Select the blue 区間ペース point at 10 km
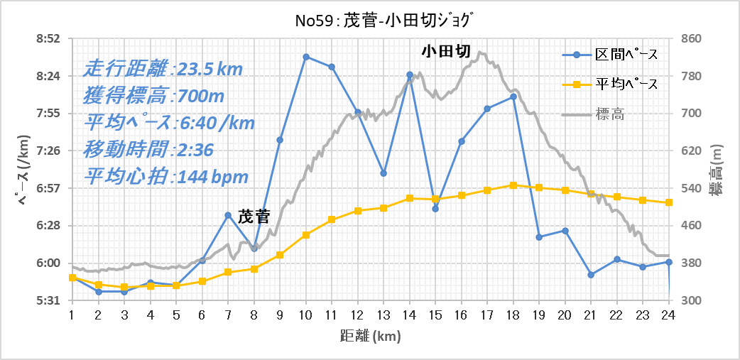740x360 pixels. [x=306, y=57]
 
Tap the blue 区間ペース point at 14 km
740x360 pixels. [x=410, y=75]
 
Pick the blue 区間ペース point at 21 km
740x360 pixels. [x=591, y=275]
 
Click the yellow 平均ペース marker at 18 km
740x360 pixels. [x=513, y=185]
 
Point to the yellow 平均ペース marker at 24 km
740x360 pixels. [x=669, y=202]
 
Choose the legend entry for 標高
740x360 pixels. [x=594, y=114]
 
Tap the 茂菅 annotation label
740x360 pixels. [x=254, y=217]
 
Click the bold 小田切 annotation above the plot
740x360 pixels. [x=446, y=51]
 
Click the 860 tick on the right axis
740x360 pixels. [x=688, y=38]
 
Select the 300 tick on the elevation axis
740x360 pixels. [x=688, y=300]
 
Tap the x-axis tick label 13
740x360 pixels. [x=383, y=313]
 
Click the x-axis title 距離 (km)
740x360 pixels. [x=371, y=336]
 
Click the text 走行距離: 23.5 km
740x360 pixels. [x=163, y=70]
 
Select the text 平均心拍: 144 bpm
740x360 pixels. [x=166, y=178]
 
